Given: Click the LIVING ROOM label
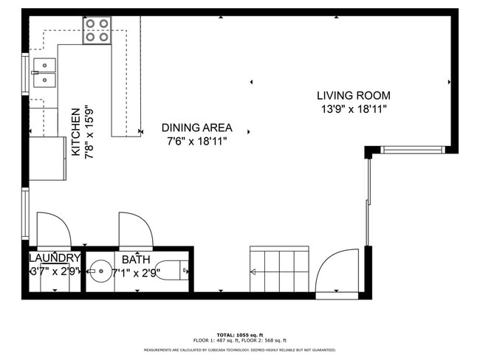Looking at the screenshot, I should pos(353,95).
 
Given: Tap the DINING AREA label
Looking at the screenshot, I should pos(196,127).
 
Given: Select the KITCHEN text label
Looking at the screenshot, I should pos(75,132).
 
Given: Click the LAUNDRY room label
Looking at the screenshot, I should pos(54,258).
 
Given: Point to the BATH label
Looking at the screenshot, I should pos(135,259).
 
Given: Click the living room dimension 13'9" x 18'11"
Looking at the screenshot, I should pos(353,109).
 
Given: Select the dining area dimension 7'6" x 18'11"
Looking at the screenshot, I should pos(196,140).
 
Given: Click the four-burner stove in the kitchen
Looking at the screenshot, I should pos(96,30).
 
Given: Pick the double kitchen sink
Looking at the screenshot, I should pos(44,72).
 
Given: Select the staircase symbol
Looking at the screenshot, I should pos(278,271).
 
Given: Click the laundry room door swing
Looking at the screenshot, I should pos(52,229).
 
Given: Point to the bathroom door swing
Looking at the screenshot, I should pos(135,229).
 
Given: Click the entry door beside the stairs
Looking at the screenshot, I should pos(339,269).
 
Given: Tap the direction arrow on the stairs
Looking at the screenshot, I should pos(253,272).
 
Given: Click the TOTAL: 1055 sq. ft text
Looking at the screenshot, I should pos(240,334).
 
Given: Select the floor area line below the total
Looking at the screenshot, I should pos(240,340).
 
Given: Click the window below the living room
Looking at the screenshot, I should pos(413,150).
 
